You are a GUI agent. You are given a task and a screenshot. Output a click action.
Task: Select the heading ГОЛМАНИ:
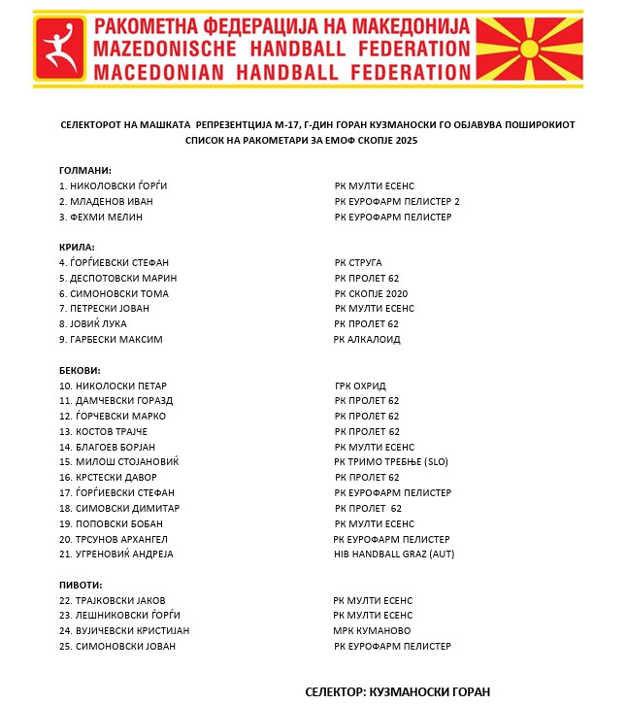(x=85, y=170)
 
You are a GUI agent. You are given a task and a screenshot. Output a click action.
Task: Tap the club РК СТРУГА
(x=358, y=262)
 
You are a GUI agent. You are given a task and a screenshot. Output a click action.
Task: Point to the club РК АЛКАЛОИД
(x=367, y=339)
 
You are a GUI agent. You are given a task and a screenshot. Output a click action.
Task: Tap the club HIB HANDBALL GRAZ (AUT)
(x=393, y=554)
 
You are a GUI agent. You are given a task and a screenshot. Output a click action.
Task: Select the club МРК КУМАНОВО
(x=374, y=630)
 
